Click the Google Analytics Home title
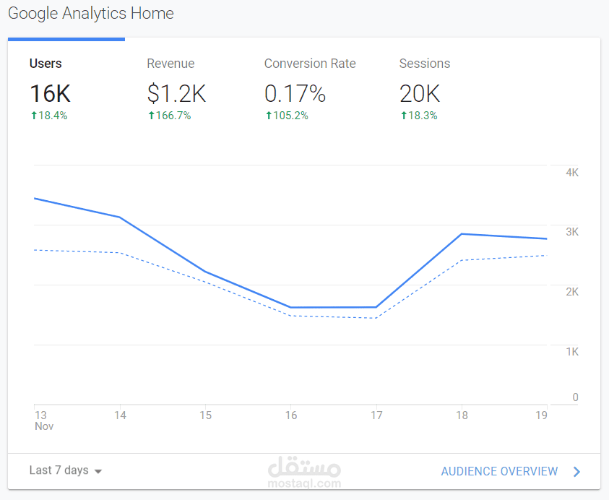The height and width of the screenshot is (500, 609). [x=91, y=14]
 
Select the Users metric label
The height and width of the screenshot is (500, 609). [x=46, y=64]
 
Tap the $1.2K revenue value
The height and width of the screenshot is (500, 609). [x=176, y=93]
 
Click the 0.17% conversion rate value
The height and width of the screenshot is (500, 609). [x=295, y=93]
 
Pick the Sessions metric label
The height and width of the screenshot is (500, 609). [x=424, y=64]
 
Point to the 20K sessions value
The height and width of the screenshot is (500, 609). [x=419, y=93]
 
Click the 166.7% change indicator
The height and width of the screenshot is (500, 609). [x=170, y=116]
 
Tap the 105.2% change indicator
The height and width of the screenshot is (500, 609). [x=287, y=116]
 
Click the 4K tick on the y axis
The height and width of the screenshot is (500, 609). [x=572, y=173]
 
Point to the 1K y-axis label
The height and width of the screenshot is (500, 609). [x=572, y=352]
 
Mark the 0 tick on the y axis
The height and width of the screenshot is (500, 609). [x=575, y=397]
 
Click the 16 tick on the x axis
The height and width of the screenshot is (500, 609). [x=291, y=415]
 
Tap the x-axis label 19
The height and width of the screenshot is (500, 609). [x=541, y=415]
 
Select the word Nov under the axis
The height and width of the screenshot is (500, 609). [x=44, y=426]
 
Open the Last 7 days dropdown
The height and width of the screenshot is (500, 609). [x=66, y=470]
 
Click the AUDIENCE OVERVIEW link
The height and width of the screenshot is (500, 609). [x=499, y=471]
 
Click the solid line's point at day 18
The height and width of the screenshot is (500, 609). [x=462, y=234]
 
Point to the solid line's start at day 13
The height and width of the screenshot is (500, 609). [x=35, y=198]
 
